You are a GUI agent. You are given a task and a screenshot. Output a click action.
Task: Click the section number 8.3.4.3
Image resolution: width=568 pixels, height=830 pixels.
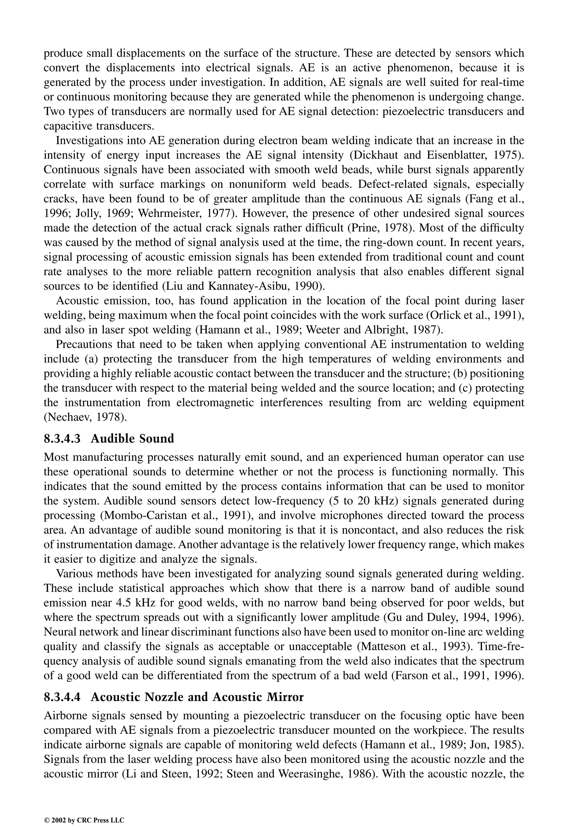pyautogui.click(x=62, y=438)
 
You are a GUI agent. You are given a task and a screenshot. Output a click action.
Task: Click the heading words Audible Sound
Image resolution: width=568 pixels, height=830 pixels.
pyautogui.click(x=132, y=438)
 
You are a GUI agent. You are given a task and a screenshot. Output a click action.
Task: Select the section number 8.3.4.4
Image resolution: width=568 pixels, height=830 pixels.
pyautogui.click(x=62, y=697)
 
